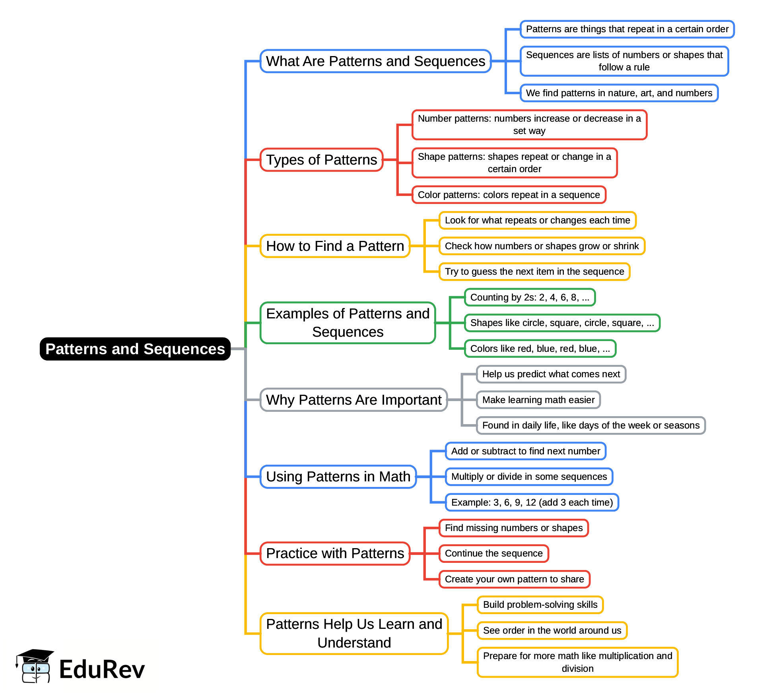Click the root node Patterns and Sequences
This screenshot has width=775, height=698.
[x=135, y=349]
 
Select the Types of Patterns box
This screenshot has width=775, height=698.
[x=321, y=160]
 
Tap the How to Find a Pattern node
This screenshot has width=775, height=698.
[x=335, y=246]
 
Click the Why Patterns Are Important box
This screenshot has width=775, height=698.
[x=354, y=400]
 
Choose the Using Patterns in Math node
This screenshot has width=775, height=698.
[x=338, y=477]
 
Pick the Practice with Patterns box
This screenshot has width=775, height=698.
[x=335, y=553]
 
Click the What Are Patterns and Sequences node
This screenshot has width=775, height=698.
[x=375, y=61]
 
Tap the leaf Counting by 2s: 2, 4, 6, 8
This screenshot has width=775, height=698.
[x=530, y=297]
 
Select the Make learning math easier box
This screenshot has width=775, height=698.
[x=538, y=400]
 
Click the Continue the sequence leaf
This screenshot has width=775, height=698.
[x=494, y=553]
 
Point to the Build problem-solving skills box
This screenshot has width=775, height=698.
[x=540, y=605]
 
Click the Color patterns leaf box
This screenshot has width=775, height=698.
[x=509, y=195]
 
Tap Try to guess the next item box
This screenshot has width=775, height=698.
[x=534, y=271]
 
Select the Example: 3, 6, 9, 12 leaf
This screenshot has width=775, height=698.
[x=532, y=502]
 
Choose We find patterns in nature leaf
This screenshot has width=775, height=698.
[x=619, y=93]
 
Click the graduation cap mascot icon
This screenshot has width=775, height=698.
[x=35, y=666]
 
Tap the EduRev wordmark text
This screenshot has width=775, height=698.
[x=102, y=669]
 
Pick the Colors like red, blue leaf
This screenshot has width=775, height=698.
[x=540, y=349]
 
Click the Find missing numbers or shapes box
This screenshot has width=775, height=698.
[x=514, y=528]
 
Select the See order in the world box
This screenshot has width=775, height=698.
[x=552, y=630]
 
